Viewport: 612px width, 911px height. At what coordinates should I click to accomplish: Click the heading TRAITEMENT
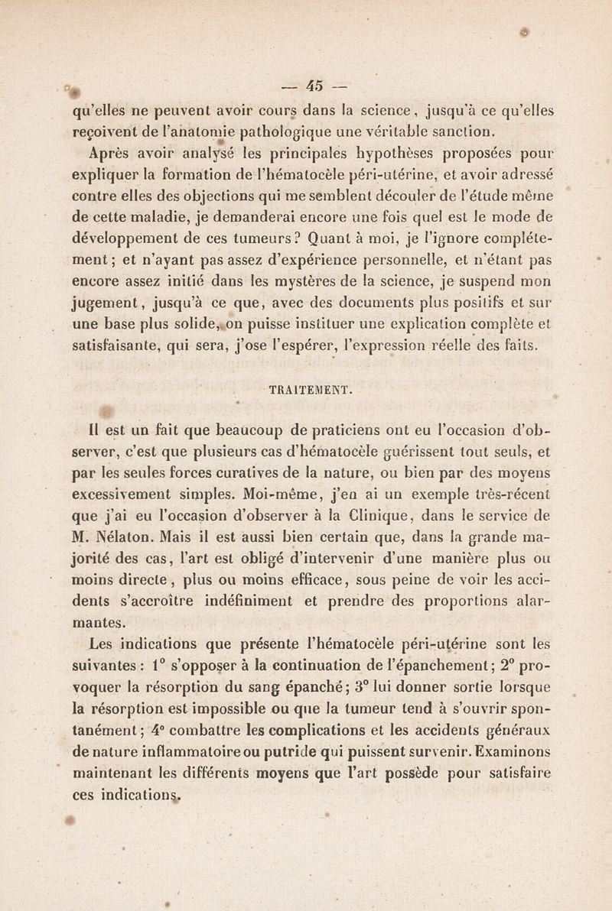coord(306,389)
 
